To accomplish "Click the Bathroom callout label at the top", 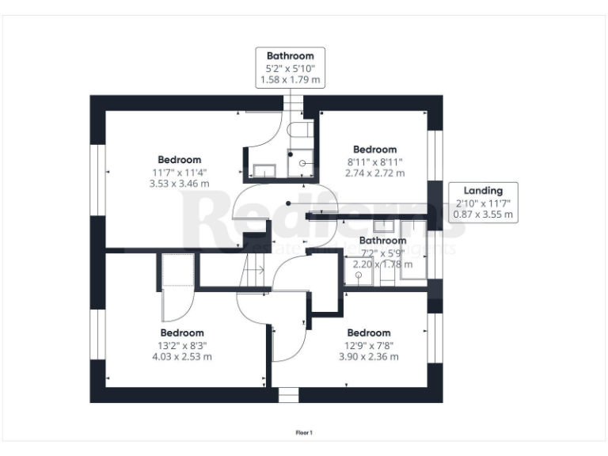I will pos(290,56).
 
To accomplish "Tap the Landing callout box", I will pos(483,203).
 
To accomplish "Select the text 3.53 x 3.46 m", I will pos(179,183).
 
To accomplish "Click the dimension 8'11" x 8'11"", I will pos(374,161).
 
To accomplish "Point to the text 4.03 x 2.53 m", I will pos(182,356).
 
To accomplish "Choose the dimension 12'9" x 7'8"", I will pos(369,344).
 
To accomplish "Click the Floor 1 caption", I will pos(304,432).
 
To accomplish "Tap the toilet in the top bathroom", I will pos(300,130).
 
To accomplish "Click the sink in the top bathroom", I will pos(264,170).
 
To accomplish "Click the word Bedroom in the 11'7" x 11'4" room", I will pos(179,159).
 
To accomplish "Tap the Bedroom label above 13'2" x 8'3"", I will pos(182,332).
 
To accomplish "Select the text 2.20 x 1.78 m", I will pos(382,264).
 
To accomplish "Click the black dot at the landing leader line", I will pos(289,203).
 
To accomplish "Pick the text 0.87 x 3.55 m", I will pos(483,215).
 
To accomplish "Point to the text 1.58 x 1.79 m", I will pos(290,79).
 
